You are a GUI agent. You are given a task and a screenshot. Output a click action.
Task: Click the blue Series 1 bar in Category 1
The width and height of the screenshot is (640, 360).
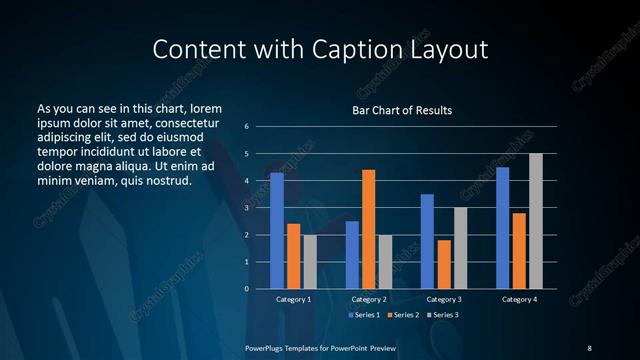[x=277, y=231]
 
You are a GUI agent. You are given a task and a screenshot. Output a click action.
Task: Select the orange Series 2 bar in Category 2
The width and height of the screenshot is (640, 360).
[x=368, y=229]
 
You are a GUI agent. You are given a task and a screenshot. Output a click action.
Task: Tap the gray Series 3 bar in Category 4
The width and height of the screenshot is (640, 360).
[x=536, y=221]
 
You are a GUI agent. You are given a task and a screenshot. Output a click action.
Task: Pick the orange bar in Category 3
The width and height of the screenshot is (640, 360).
[x=444, y=264]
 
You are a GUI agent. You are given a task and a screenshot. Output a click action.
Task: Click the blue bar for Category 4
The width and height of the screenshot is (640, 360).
[x=503, y=228]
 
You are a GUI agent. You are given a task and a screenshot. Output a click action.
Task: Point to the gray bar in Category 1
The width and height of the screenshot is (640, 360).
[x=310, y=261]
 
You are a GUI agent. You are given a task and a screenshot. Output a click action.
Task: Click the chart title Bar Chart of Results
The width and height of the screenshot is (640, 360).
[x=402, y=110]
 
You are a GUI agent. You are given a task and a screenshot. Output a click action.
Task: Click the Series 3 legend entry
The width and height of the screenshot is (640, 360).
[x=444, y=314]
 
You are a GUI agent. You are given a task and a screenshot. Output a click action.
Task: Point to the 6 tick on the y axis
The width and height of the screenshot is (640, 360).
[x=246, y=127]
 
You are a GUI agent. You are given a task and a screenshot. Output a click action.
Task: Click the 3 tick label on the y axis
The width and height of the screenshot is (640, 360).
[x=246, y=208]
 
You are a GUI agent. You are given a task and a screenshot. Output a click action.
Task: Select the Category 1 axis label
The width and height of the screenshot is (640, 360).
[x=294, y=299]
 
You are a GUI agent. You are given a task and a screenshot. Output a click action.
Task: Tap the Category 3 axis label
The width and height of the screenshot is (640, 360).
[x=444, y=299]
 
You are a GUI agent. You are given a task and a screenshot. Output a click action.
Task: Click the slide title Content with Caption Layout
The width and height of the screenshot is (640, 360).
[x=320, y=50]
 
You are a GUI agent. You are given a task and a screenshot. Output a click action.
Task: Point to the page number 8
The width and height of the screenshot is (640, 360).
[x=589, y=347]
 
